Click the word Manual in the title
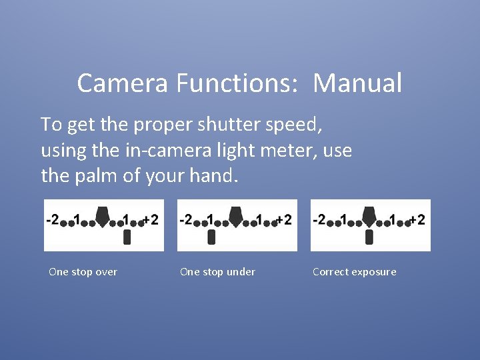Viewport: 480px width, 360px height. coord(357,84)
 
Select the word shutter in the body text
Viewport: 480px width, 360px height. coord(213,124)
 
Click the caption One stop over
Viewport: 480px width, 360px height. coord(83,272)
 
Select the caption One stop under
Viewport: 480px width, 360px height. coord(217,272)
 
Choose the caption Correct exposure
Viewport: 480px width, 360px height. coord(354,272)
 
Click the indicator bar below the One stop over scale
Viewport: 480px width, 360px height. coord(127,237)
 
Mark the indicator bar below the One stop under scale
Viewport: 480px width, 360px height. coord(212,237)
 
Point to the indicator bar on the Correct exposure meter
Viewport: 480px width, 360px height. coord(369,237)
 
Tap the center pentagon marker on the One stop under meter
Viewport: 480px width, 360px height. coord(236,215)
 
